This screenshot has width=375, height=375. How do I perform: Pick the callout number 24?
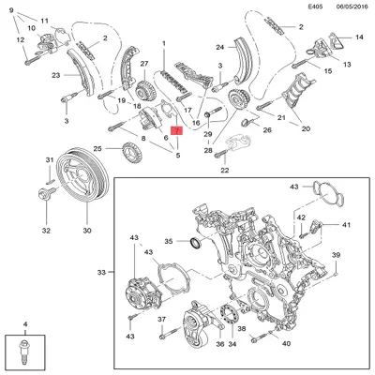click(x=219, y=46)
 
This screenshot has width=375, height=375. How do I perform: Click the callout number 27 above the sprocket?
click(x=145, y=65)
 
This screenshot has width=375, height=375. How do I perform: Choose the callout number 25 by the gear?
click(x=97, y=149)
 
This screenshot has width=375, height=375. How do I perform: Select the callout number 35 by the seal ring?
click(x=170, y=242)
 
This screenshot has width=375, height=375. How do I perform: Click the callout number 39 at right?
click(x=336, y=255)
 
